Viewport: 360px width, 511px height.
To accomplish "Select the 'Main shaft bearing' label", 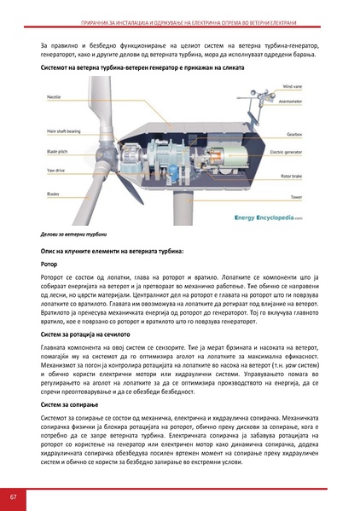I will pos(61,132).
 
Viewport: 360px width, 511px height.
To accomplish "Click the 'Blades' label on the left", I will pos(52,193).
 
